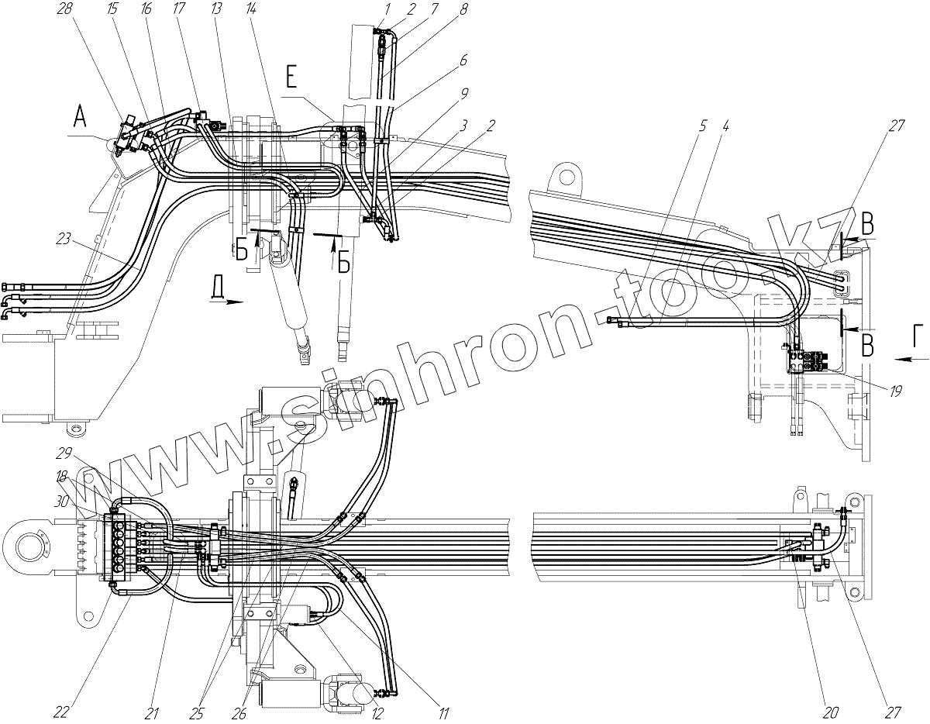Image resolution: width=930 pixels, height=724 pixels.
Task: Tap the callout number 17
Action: click(180, 10)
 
